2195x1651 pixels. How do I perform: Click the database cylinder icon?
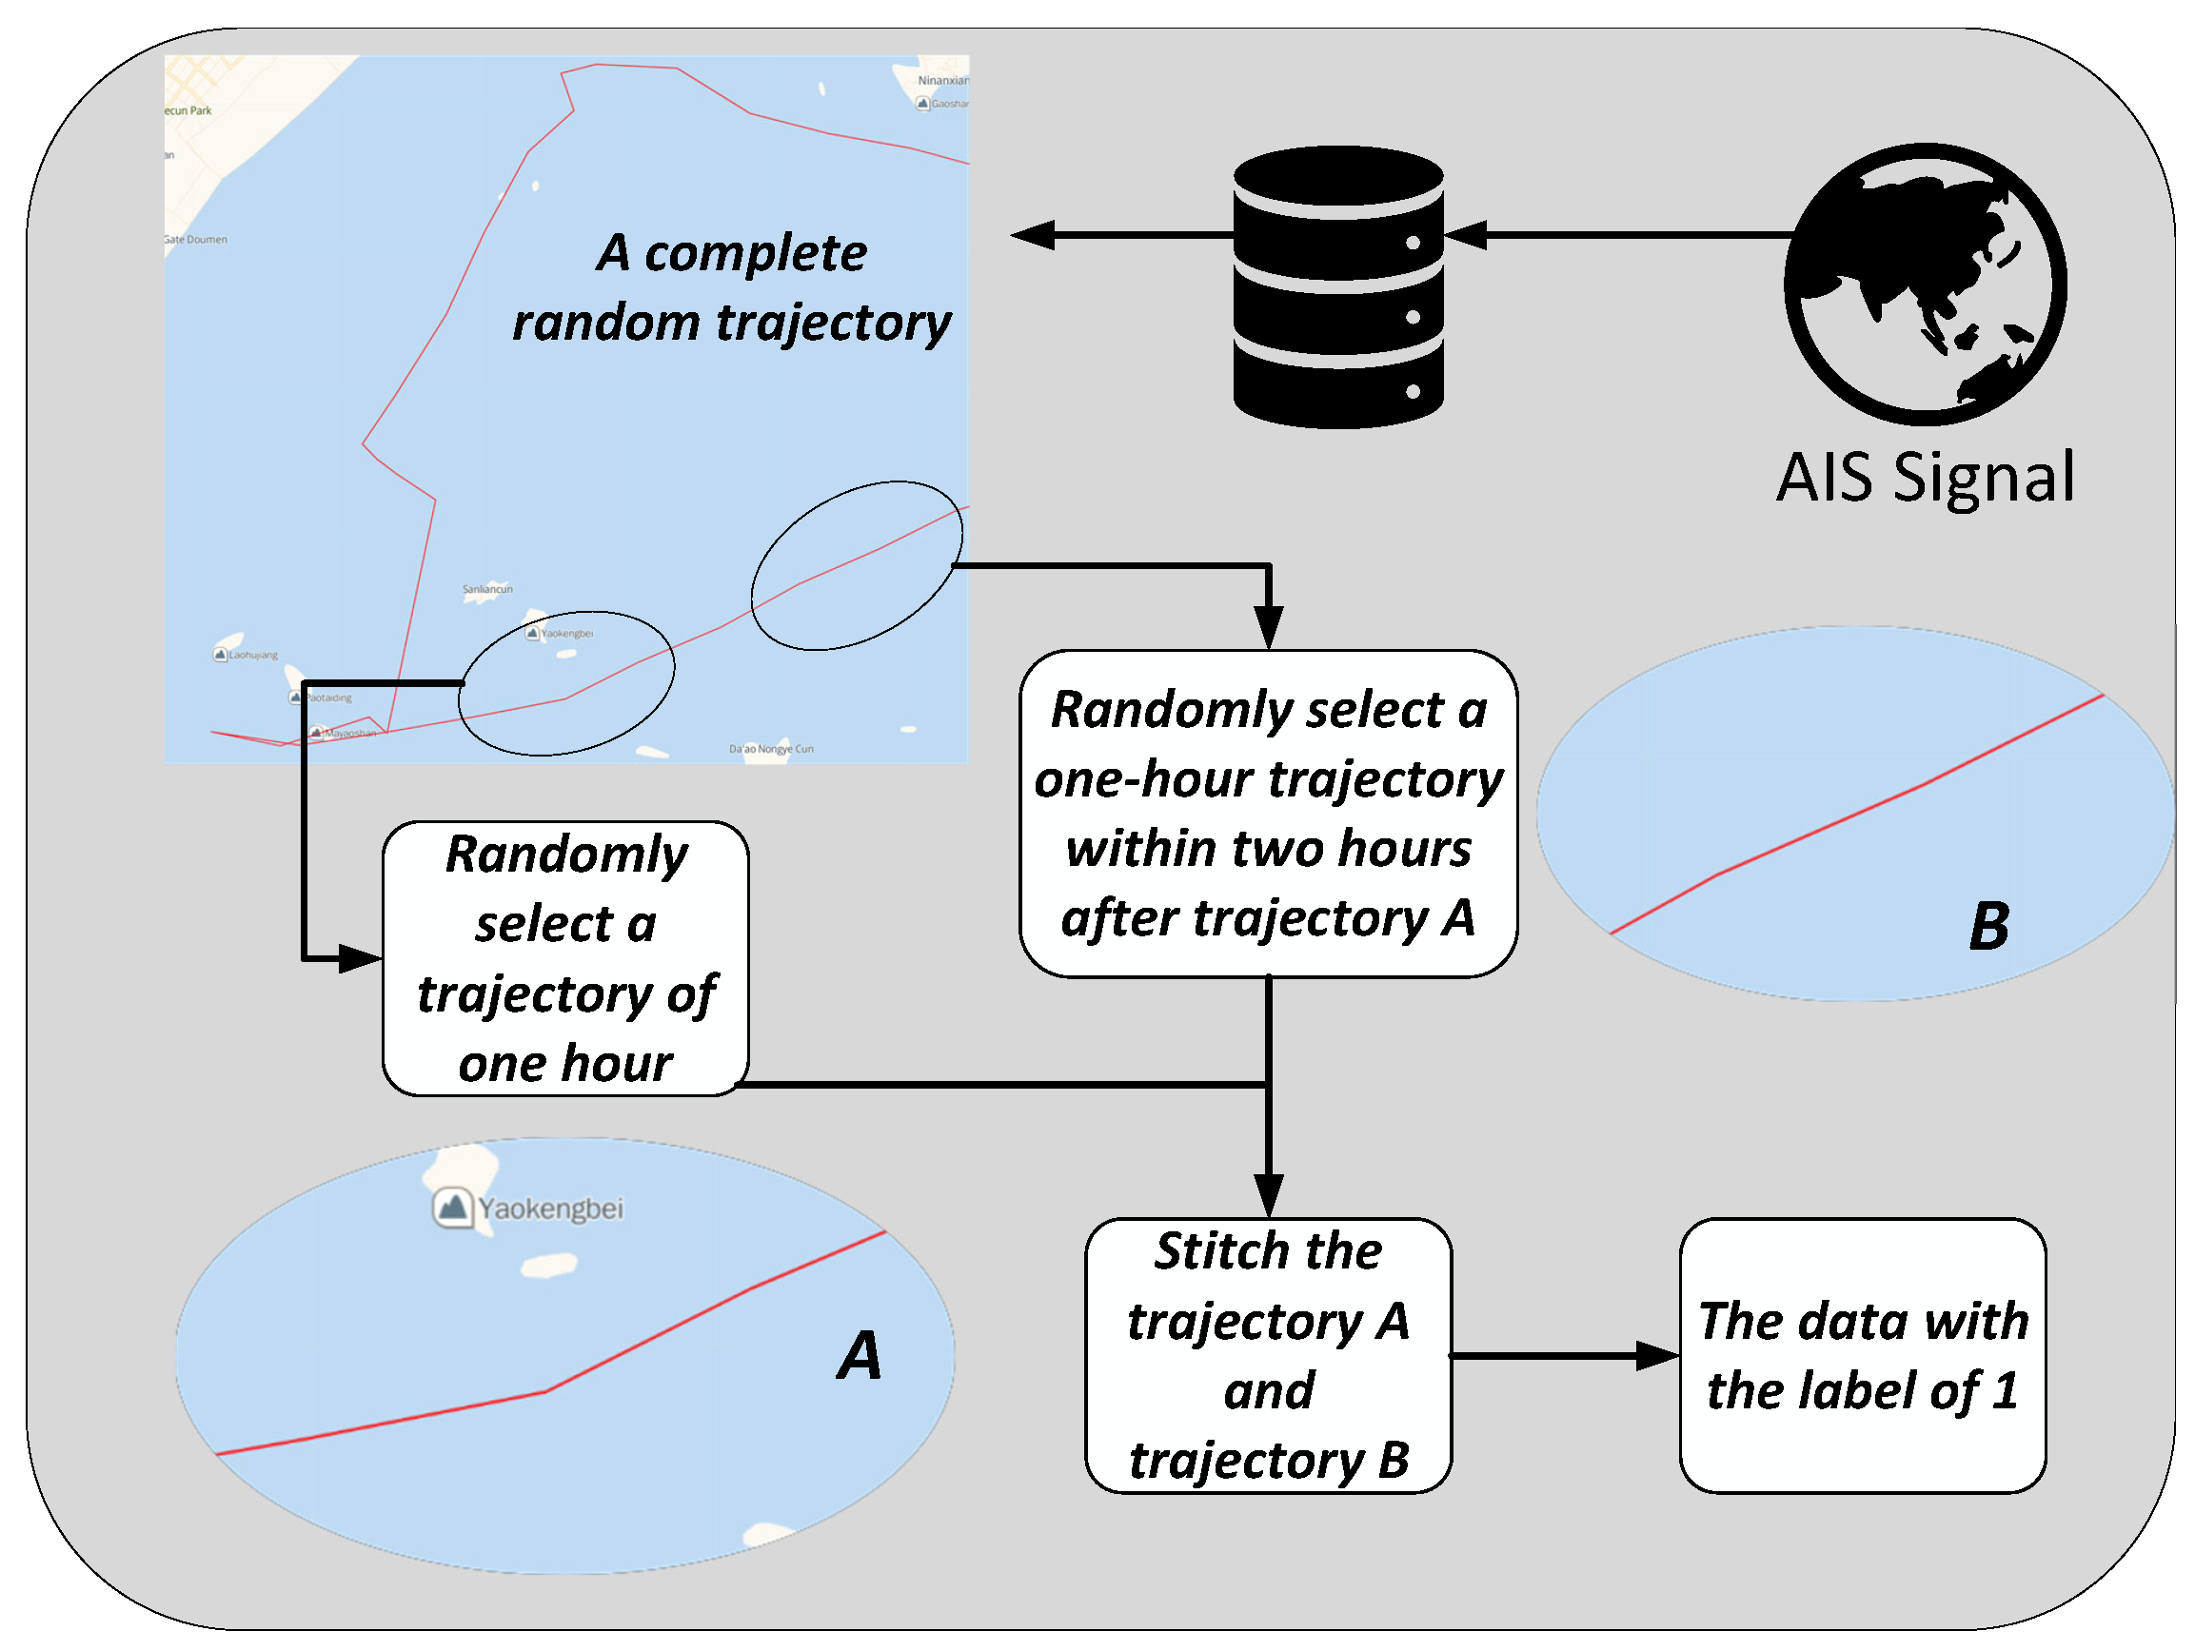1337,287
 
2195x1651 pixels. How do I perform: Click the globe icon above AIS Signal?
1924,285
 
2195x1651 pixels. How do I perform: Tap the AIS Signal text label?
1924,479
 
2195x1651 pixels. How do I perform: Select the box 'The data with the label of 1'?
1863,1355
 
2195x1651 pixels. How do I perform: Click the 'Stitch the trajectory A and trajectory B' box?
1268,1355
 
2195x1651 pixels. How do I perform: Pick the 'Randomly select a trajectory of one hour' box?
565,958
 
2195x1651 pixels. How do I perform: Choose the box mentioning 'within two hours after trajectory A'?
1268,814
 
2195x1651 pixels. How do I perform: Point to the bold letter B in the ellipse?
1988,927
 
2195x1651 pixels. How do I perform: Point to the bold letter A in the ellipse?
860,1355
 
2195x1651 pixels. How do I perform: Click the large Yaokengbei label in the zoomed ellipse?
551,1209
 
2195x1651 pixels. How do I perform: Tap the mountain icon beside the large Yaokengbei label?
452,1208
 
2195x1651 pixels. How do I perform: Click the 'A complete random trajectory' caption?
731,287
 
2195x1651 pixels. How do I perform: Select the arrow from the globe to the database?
1617,235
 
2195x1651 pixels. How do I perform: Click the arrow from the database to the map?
1121,235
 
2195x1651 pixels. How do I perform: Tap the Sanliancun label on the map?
487,589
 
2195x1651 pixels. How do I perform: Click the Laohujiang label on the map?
253,655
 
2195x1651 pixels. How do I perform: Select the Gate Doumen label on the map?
196,239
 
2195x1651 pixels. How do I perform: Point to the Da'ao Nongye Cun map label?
771,749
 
